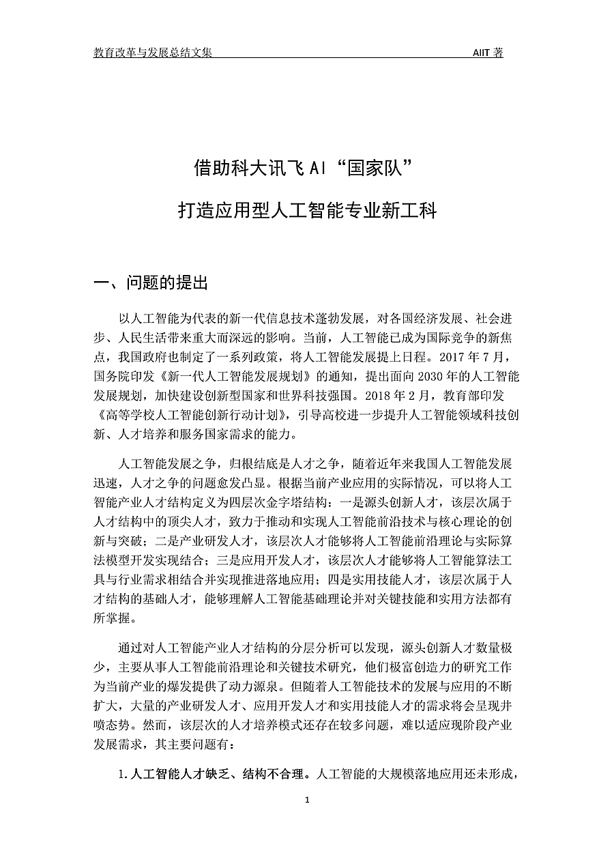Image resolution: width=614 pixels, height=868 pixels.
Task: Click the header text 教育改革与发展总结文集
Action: click(x=153, y=53)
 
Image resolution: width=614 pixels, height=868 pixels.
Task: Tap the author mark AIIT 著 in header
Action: click(x=488, y=53)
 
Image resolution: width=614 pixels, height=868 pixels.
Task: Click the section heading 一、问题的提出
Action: click(x=151, y=283)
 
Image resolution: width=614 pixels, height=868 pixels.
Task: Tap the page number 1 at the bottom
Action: click(x=308, y=800)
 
